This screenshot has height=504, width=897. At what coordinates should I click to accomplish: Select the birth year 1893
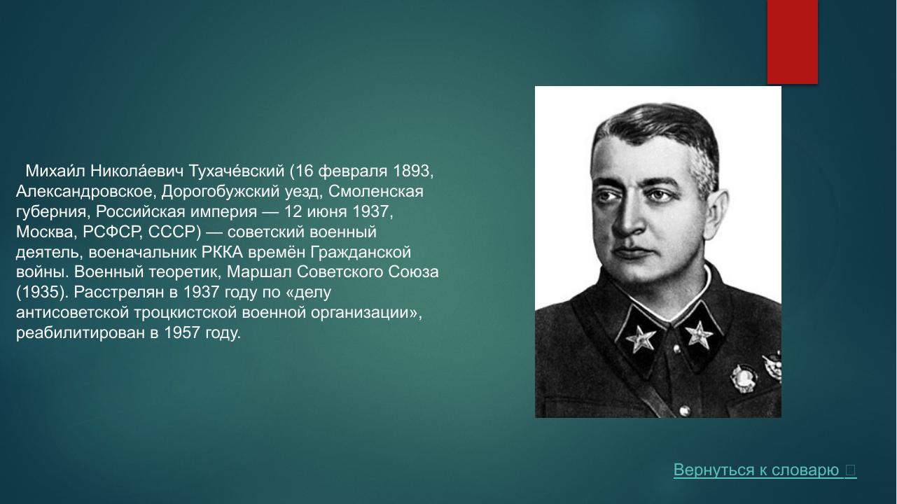414,171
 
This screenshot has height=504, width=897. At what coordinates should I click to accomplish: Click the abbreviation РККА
222,252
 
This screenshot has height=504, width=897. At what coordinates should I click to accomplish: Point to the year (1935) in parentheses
41,292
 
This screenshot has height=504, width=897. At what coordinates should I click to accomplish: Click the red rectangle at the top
793,41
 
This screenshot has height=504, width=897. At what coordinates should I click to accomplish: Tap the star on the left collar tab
641,339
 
